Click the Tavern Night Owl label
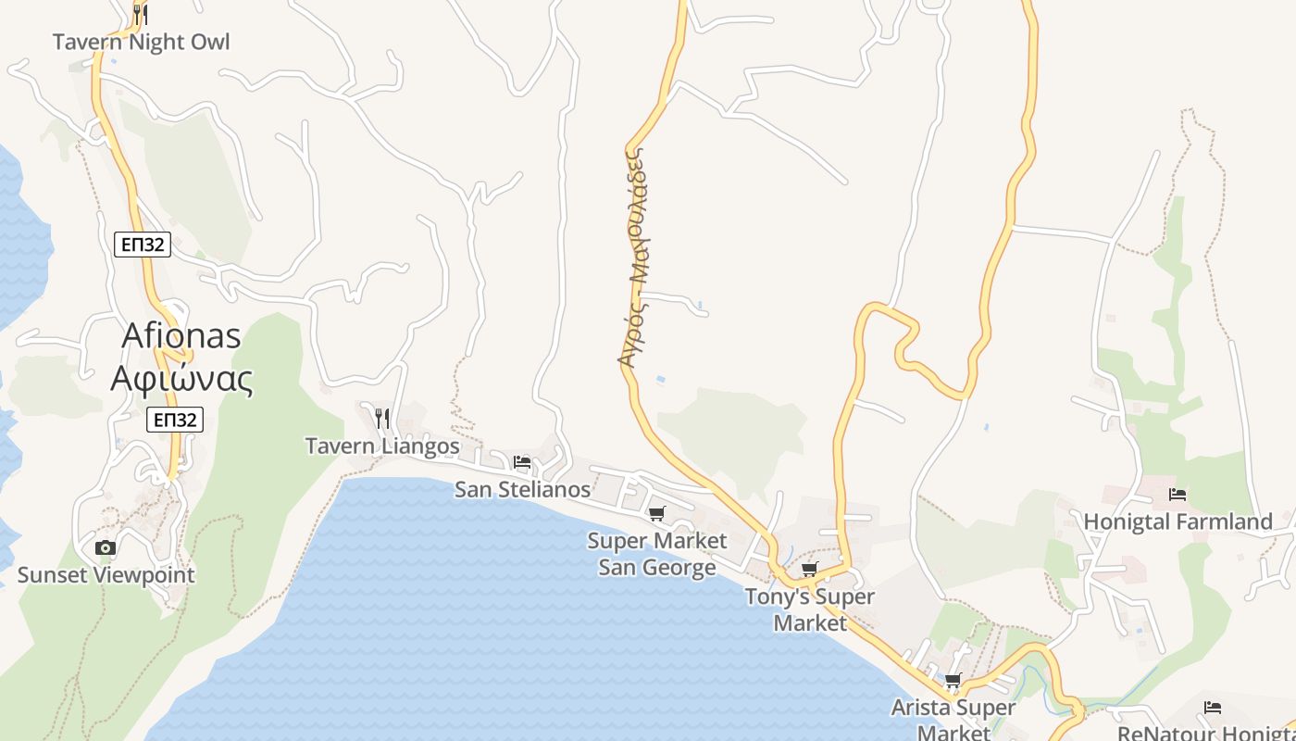point(141,42)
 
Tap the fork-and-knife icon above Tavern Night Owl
point(140,14)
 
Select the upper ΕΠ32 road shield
point(143,245)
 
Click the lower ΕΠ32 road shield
point(174,420)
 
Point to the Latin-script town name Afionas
point(181,335)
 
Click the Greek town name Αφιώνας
point(181,378)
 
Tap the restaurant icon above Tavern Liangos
point(382,419)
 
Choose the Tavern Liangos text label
point(382,446)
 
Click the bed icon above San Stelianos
point(522,461)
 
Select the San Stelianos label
point(522,489)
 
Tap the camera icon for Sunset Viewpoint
point(106,547)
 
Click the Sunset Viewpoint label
point(106,575)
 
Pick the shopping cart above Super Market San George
point(657,513)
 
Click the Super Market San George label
point(657,553)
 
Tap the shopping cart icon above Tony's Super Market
point(810,569)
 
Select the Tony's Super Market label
point(810,609)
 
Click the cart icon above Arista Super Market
point(953,681)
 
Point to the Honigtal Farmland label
point(1178,522)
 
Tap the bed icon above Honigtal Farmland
point(1178,495)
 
